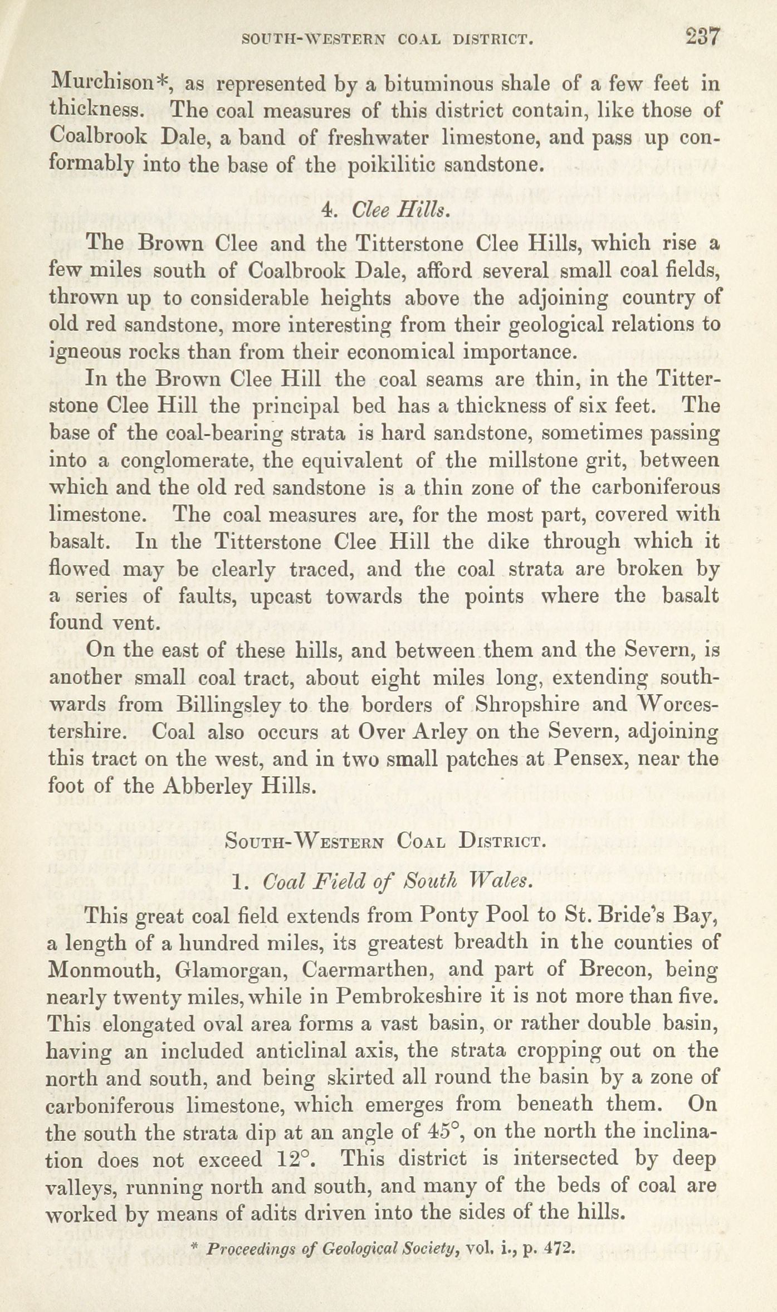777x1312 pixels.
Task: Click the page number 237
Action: click(x=703, y=38)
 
